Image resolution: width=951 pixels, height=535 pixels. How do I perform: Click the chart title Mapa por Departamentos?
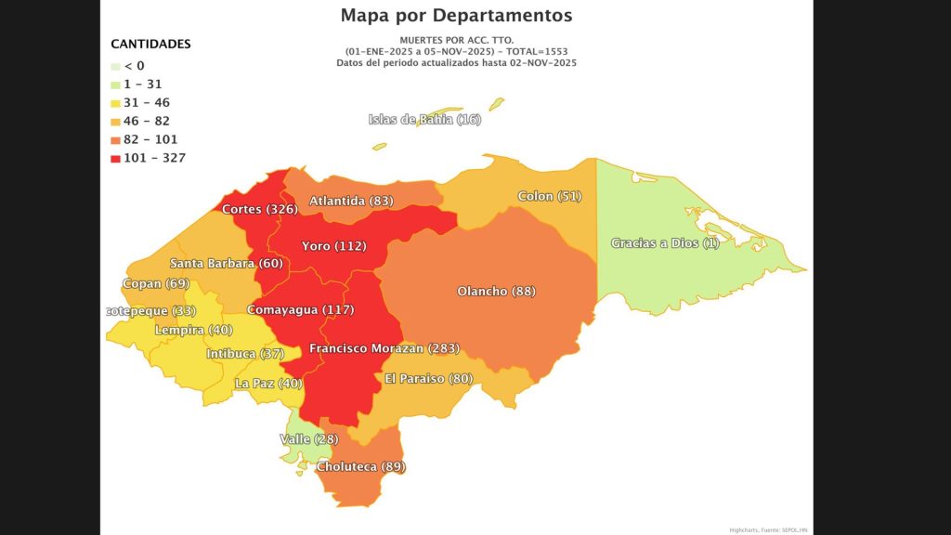coord(456,16)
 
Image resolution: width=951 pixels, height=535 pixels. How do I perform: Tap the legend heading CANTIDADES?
coord(150,44)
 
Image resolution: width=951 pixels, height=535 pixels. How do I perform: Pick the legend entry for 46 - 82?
coord(146,121)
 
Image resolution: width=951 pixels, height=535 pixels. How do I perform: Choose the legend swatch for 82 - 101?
coord(115,139)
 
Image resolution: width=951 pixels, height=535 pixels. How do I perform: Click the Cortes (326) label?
coord(259,209)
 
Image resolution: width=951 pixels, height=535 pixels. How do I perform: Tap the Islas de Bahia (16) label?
coord(424,119)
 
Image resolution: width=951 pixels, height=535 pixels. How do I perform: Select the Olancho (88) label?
coord(496,291)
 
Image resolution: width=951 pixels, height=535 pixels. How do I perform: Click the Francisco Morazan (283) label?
coord(384,348)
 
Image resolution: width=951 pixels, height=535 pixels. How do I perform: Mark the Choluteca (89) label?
coord(361,466)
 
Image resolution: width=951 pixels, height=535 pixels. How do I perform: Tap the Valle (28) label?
coord(308,438)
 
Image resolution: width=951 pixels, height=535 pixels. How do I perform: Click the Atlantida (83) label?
coord(351,201)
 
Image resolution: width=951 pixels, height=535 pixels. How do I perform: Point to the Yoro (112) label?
coord(333,246)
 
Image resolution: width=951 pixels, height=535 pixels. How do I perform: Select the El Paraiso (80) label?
coord(428,378)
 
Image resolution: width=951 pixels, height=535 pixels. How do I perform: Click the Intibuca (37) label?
coord(245,354)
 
